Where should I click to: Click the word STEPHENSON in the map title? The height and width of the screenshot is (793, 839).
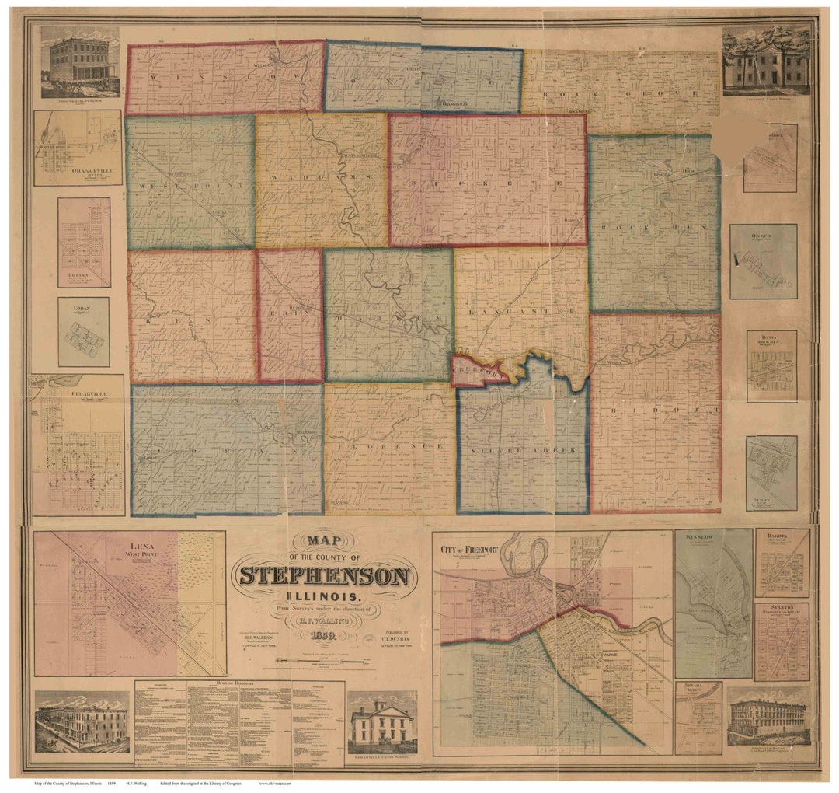324,576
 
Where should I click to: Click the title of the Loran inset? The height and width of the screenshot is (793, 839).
82,308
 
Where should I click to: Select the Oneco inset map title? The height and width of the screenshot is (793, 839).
763,230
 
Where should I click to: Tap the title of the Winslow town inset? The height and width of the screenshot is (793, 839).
699,536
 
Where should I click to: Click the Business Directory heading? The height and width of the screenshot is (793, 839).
239,687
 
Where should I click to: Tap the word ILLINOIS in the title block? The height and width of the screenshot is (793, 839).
324,596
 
